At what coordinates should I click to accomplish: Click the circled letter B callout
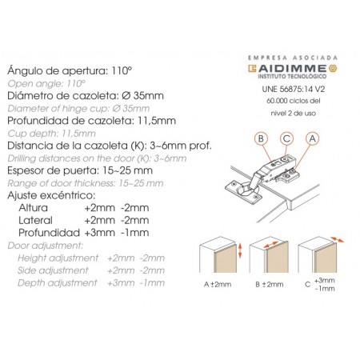click(261, 138)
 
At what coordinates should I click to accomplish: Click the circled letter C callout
click(286, 138)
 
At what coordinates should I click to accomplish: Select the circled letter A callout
click(312, 138)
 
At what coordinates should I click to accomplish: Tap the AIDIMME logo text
click(292, 68)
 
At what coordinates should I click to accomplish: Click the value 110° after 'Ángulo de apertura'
click(122, 70)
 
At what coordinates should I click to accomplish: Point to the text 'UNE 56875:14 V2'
click(293, 89)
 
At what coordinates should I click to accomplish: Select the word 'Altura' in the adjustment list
click(33, 208)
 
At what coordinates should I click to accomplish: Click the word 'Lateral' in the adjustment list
click(35, 220)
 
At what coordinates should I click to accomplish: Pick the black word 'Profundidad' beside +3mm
click(49, 233)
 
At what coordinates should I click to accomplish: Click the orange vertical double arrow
click(240, 250)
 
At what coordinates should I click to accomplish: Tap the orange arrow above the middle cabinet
click(271, 245)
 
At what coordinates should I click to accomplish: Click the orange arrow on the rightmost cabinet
click(338, 239)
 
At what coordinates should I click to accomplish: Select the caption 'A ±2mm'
click(218, 284)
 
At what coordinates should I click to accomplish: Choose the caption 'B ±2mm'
click(269, 284)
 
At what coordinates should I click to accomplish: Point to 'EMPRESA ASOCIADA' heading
click(293, 58)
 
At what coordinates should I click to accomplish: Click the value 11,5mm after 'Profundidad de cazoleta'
click(157, 121)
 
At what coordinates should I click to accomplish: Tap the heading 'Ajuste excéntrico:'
click(51, 195)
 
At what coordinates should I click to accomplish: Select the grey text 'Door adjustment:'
click(46, 246)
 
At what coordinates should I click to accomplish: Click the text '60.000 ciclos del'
click(293, 101)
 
